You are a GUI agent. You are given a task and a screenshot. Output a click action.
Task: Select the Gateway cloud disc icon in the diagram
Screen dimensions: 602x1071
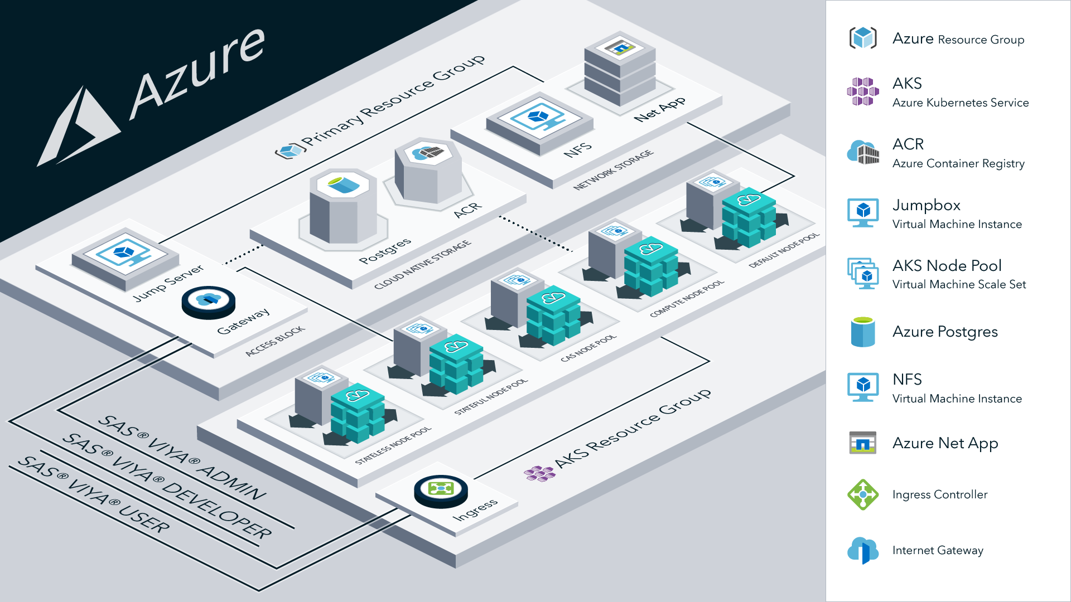pos(208,302)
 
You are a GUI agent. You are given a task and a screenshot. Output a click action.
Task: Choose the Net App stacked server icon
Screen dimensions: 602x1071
pos(620,69)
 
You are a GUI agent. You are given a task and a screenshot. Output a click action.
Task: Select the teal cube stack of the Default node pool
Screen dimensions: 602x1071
pos(748,217)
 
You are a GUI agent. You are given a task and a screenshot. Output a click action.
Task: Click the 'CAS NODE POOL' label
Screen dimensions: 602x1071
pos(588,348)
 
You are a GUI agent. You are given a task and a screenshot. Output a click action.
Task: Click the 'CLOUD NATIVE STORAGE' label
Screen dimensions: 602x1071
pos(422,265)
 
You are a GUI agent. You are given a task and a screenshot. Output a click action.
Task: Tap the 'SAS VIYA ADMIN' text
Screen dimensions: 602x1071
pos(181,458)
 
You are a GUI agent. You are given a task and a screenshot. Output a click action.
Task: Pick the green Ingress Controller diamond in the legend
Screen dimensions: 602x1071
pos(862,494)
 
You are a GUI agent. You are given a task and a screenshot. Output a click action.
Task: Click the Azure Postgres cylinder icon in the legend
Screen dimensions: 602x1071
pos(862,332)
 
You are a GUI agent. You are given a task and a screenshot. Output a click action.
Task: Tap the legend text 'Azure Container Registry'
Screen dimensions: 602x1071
pos(958,163)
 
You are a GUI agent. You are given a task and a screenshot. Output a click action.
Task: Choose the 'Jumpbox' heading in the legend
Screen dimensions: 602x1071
pos(926,205)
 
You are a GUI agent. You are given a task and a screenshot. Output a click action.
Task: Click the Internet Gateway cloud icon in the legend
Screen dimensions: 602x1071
pos(862,550)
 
